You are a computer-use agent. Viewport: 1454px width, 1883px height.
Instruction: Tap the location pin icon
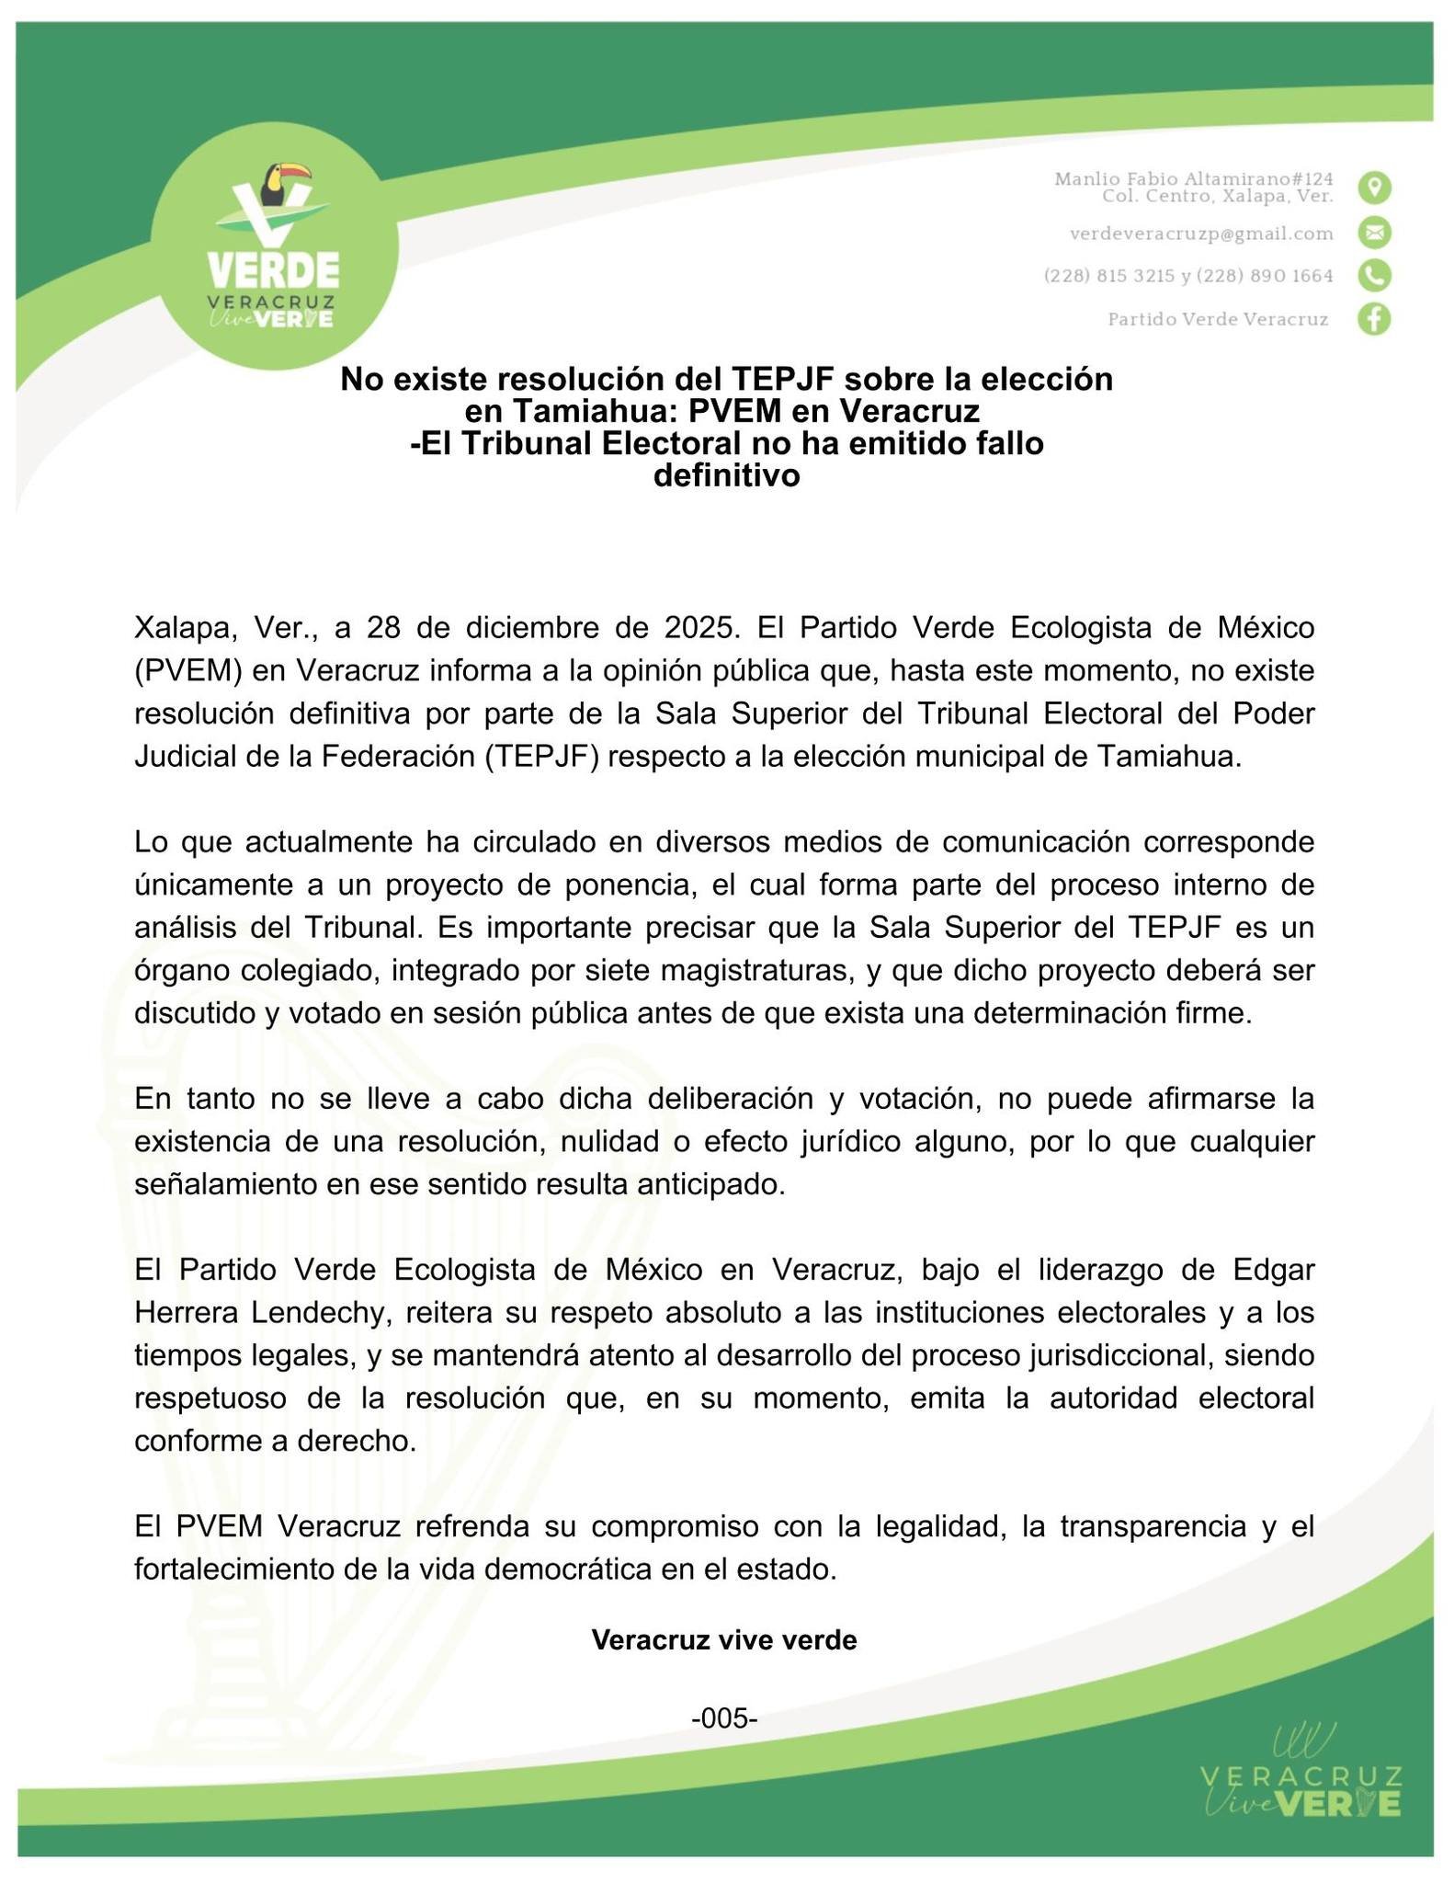click(x=1374, y=188)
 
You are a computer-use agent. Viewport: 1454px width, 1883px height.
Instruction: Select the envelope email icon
click(x=1374, y=233)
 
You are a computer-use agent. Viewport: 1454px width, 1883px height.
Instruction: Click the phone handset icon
click(x=1374, y=276)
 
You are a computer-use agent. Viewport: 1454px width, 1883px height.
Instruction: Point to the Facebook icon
click(x=1374, y=319)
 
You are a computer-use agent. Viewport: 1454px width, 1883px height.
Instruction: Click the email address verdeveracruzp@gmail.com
click(x=1201, y=234)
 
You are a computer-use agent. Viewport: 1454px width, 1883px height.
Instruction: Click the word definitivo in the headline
click(x=726, y=476)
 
